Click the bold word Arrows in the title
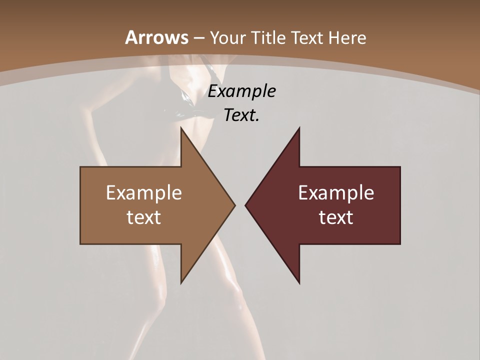(156, 37)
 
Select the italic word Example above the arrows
(242, 91)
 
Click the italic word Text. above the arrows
(242, 115)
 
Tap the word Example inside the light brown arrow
(144, 193)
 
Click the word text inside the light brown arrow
(144, 217)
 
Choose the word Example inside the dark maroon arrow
(336, 193)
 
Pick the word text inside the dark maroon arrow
(336, 217)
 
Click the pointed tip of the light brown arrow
(235, 205)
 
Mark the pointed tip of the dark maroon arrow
(245, 205)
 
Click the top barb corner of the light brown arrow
(181, 127)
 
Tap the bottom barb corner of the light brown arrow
(181, 283)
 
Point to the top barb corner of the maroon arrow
(299, 127)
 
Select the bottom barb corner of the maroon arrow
(299, 283)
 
